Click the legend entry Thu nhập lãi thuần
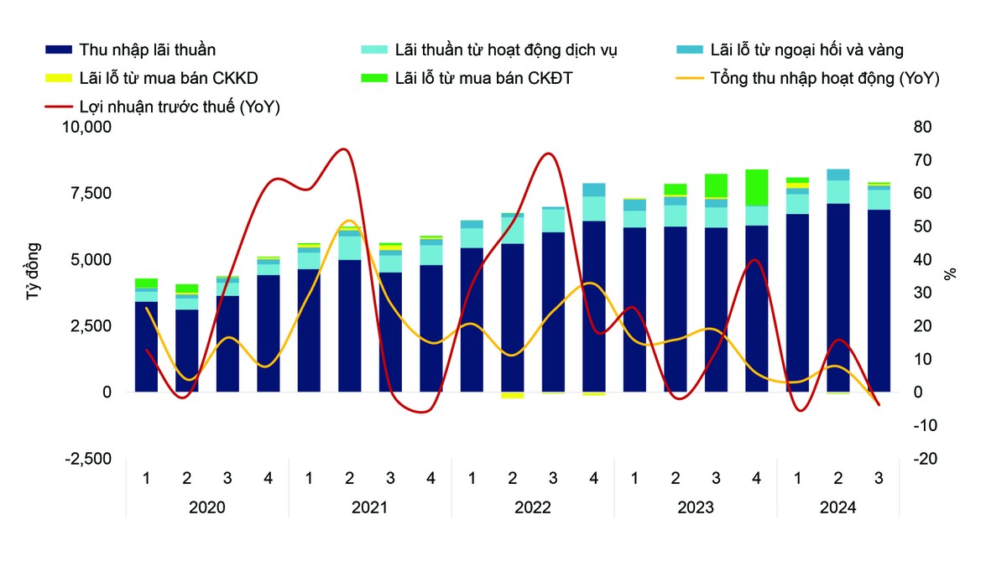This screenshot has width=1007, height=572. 147,50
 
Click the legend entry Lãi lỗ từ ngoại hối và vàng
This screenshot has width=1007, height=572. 806,50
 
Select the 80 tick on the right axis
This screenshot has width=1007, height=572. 922,127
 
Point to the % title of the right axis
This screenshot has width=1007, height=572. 951,274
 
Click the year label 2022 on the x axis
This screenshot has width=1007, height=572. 532,507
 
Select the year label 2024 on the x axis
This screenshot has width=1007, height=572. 837,507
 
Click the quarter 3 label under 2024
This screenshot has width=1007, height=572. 879,479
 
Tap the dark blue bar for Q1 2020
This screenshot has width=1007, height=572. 146,347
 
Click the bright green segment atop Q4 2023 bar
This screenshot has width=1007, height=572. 756,187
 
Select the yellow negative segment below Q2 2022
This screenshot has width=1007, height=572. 512,395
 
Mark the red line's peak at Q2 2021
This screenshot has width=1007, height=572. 343,149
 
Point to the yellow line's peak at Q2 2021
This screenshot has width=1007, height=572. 350,221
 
